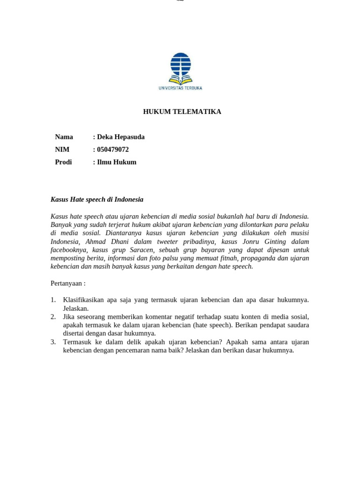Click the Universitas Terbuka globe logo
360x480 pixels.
click(180, 68)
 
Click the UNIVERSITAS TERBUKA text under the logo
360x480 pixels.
click(180, 88)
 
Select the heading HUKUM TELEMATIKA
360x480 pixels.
click(182, 112)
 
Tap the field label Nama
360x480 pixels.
click(64, 137)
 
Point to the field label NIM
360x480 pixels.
click(62, 150)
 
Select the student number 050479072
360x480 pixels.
click(112, 150)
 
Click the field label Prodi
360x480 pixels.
click(63, 162)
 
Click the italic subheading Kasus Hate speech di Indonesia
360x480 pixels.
click(97, 199)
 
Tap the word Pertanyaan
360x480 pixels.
click(67, 284)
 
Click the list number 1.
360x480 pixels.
click(53, 300)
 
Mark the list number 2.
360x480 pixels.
click(53, 317)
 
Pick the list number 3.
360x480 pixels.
click(53, 342)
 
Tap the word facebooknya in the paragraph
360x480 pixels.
click(69, 250)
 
